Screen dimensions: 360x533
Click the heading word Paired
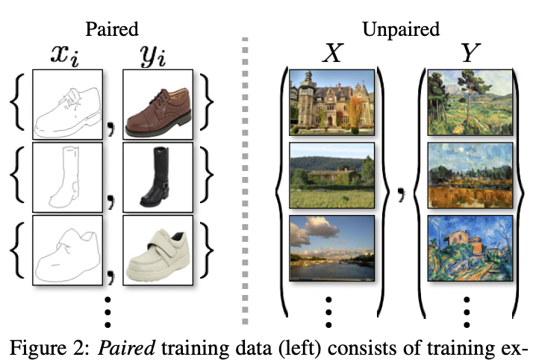pos(113,29)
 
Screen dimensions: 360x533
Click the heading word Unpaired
pos(401,29)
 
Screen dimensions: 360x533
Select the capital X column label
pos(331,55)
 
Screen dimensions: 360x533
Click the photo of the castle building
pos(331,100)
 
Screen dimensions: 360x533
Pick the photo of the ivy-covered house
pos(331,173)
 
